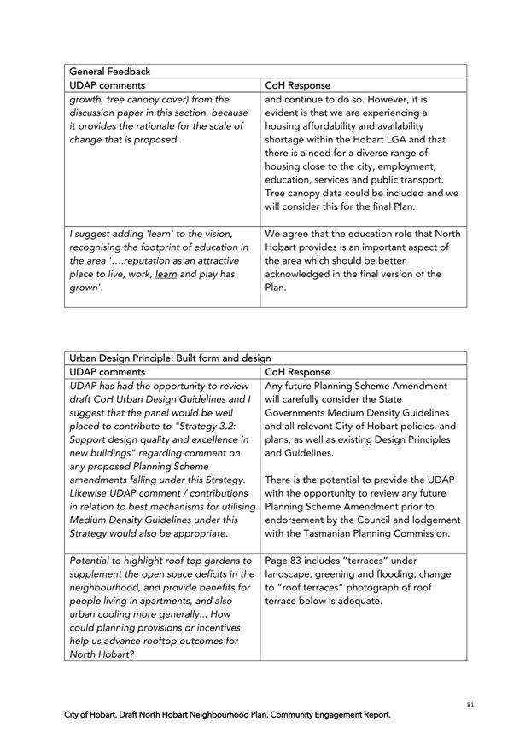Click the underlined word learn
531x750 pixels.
click(166, 275)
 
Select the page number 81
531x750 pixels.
click(470, 705)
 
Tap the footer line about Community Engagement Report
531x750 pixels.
click(228, 715)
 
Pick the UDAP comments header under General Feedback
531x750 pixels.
click(108, 85)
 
